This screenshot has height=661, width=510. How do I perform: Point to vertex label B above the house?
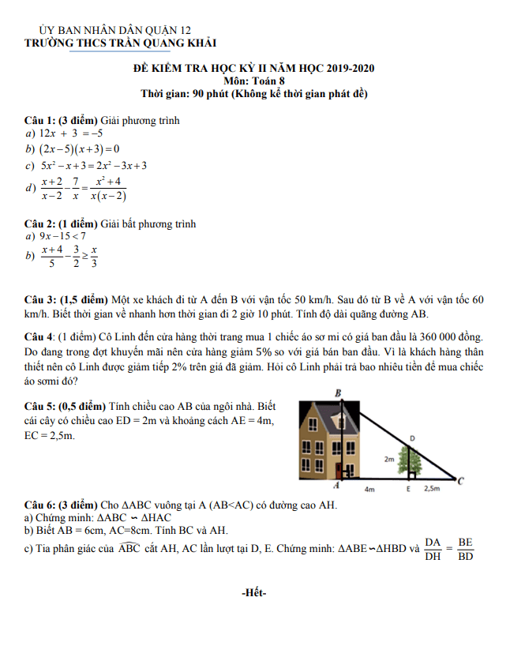pos(338,392)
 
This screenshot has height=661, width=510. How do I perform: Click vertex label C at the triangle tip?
pos(460,480)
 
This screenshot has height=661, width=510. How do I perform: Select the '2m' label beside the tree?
pos(389,458)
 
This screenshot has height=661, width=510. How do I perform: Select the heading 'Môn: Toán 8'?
pos(254,81)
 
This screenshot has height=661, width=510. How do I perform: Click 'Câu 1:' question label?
pos(40,121)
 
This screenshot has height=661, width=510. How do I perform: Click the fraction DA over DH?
pos(432,548)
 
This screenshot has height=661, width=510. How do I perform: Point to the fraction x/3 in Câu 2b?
pos(94,257)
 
